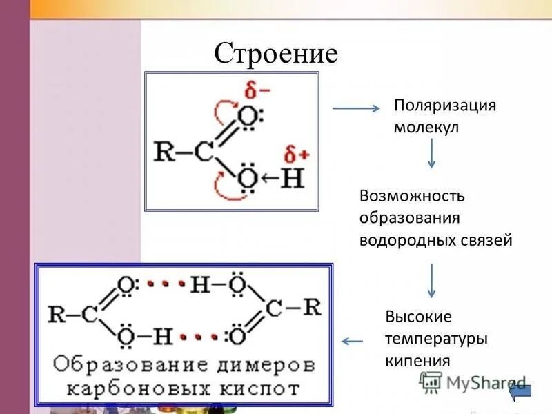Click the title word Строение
point(275,53)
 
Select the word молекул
point(426,128)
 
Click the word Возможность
point(413,195)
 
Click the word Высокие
point(419,317)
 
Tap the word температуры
point(437,339)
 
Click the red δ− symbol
point(257,89)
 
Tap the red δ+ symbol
point(295,153)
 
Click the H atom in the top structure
point(292,179)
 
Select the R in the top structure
point(164,151)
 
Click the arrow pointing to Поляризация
point(357,108)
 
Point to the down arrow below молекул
point(431,153)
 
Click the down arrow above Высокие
point(431,279)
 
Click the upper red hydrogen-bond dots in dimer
point(166,283)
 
